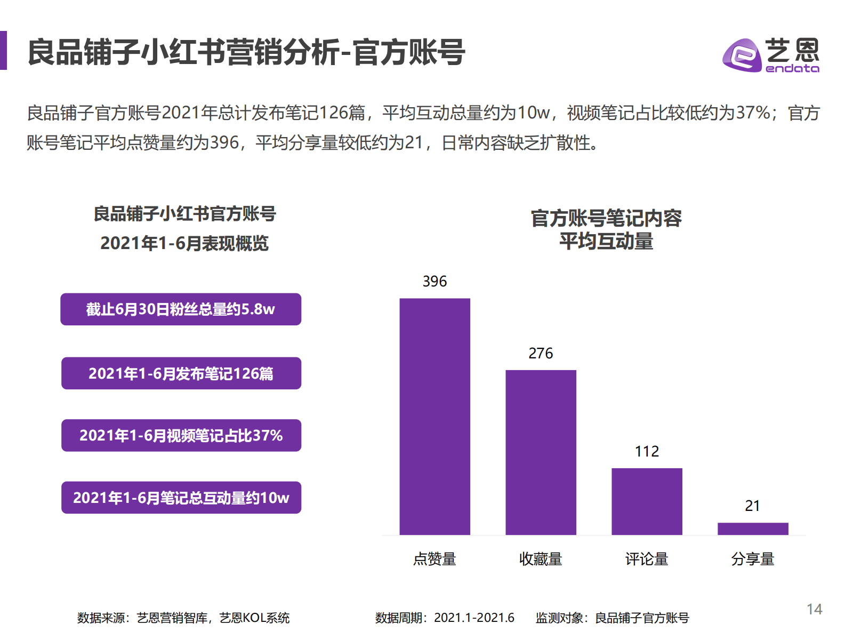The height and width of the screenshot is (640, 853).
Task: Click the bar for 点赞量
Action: tap(434, 416)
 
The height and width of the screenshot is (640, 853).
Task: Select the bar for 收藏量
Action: tap(541, 452)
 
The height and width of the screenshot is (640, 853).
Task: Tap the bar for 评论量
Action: tap(647, 501)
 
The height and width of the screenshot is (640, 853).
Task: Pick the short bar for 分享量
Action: tap(753, 529)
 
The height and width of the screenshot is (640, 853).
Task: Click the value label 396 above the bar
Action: tap(434, 281)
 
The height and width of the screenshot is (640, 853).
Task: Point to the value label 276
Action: tap(541, 353)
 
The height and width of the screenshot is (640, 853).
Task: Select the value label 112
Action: tap(647, 451)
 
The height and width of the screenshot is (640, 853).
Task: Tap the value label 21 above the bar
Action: tap(752, 506)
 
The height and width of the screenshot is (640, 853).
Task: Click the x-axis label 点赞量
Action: tap(434, 559)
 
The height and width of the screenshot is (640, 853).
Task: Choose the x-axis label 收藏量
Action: tap(541, 559)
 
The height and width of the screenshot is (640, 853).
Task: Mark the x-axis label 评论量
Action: tap(647, 559)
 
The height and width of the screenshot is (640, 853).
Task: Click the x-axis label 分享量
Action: tap(752, 559)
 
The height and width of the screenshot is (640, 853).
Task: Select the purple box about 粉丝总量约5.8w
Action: tap(181, 309)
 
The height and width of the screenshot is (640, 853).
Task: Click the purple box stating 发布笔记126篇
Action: tap(181, 373)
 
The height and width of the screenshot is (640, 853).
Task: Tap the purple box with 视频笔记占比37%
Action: tap(181, 436)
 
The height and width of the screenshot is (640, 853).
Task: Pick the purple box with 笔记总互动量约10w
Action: tap(181, 498)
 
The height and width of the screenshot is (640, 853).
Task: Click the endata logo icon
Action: tap(742, 55)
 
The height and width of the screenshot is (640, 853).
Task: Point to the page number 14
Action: tap(814, 609)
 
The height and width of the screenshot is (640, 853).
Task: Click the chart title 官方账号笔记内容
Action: tap(606, 219)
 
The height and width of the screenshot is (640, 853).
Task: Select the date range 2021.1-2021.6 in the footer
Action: tap(474, 618)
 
